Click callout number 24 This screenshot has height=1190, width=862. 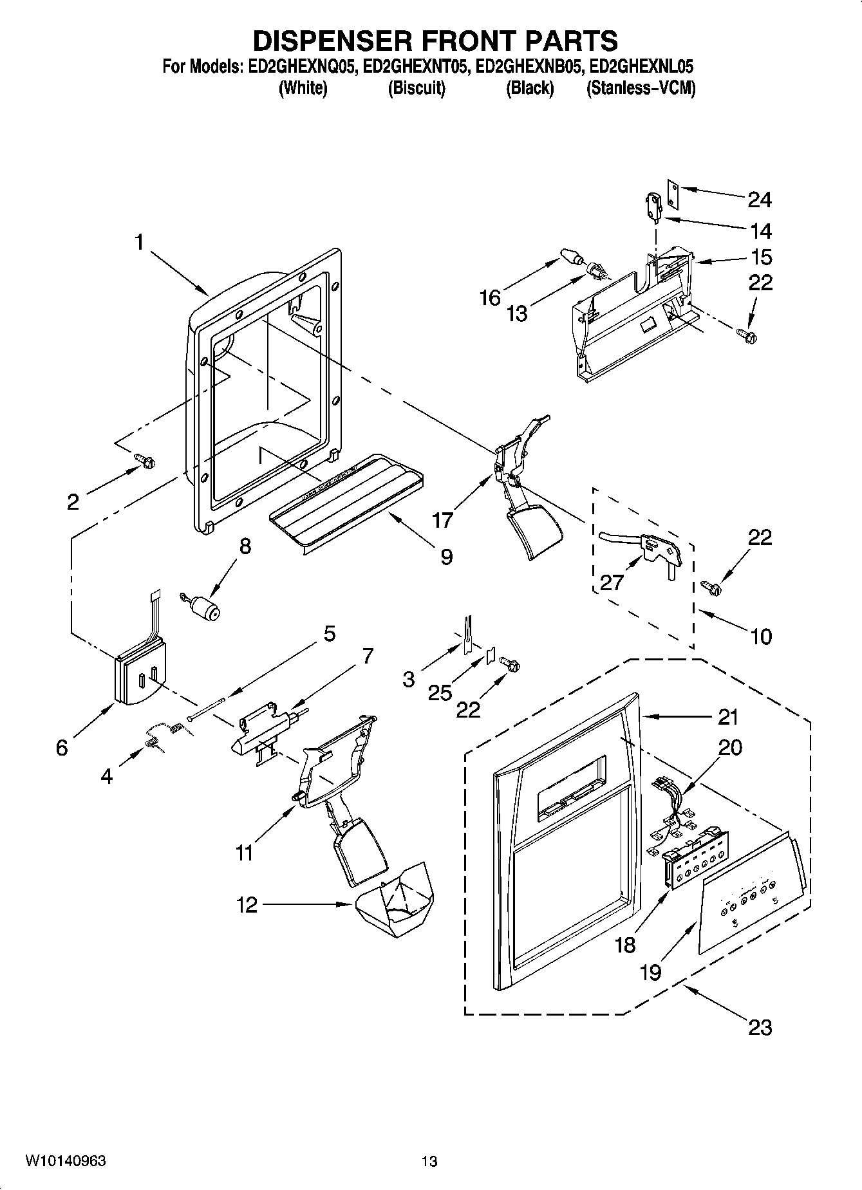tap(759, 200)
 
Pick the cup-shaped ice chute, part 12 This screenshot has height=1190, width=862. tap(399, 898)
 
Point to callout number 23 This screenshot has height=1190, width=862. tap(760, 1027)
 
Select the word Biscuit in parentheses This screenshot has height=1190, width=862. tap(417, 88)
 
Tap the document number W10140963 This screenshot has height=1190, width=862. tap(66, 1161)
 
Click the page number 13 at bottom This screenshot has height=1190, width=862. tap(429, 1161)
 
